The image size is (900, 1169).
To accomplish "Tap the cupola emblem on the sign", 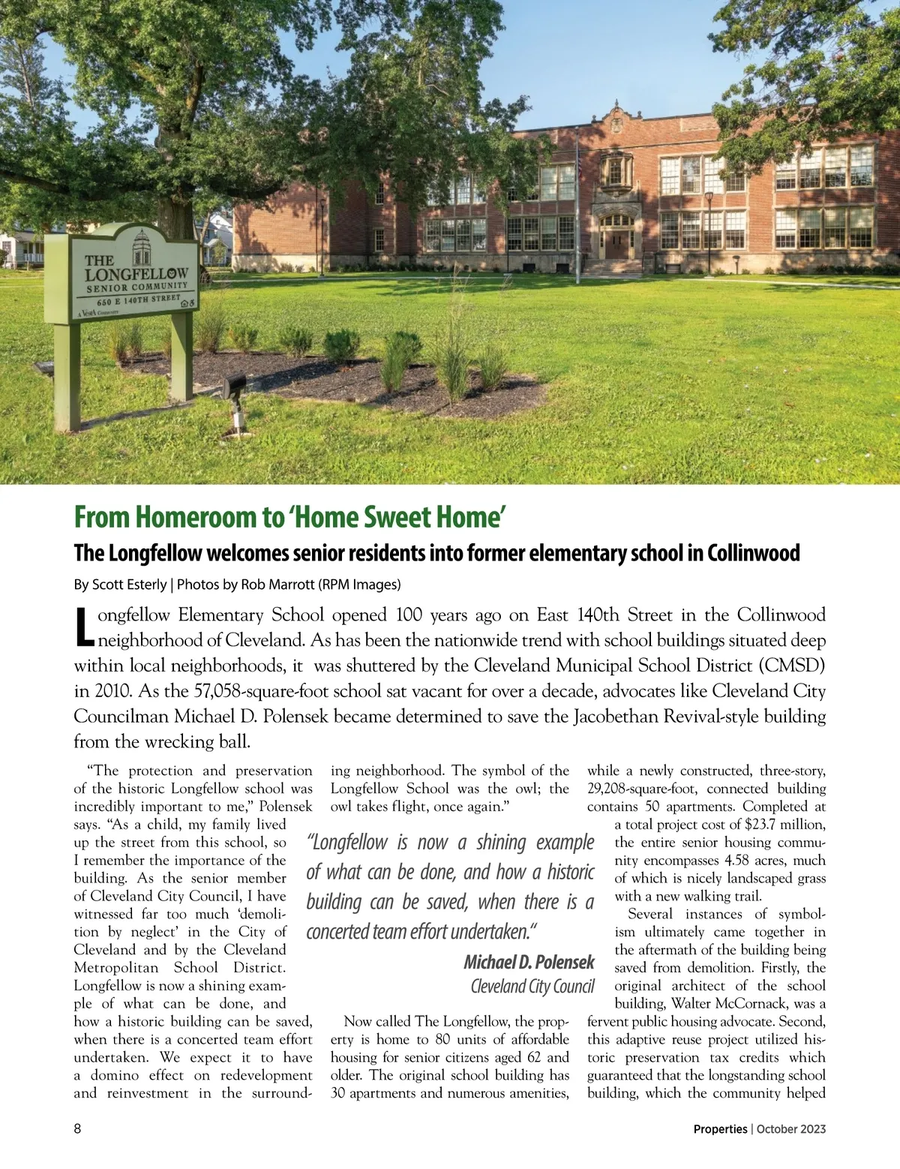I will point(141,248).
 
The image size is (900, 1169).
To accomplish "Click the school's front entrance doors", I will point(614,245).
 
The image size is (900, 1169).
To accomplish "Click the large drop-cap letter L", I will point(85,629).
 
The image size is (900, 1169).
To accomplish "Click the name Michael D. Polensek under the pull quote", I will point(529,962).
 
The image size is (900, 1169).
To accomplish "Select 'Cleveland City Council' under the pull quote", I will point(532,986).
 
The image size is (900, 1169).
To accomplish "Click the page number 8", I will point(77,1128).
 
